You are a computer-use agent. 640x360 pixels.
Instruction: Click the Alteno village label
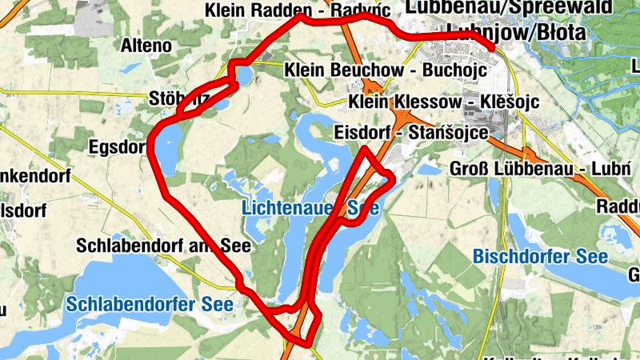tap(146, 46)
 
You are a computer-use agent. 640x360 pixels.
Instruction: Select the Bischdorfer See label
tap(540, 257)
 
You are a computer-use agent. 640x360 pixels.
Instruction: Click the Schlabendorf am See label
tap(164, 246)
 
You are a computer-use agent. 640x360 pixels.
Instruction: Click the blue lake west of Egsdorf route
tap(169, 148)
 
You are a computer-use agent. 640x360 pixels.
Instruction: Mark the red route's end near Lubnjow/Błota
tap(492, 48)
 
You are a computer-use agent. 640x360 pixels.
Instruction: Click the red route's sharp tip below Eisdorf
tap(366, 149)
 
